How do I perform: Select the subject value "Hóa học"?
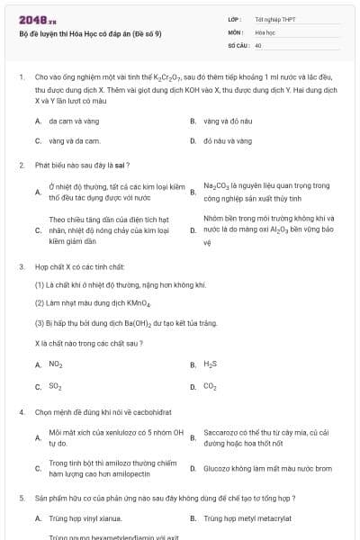pos(265,31)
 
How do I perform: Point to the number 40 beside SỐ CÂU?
pos(258,44)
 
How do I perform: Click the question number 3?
pos(21,267)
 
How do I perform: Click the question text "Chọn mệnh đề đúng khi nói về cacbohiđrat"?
pos(111,411)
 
